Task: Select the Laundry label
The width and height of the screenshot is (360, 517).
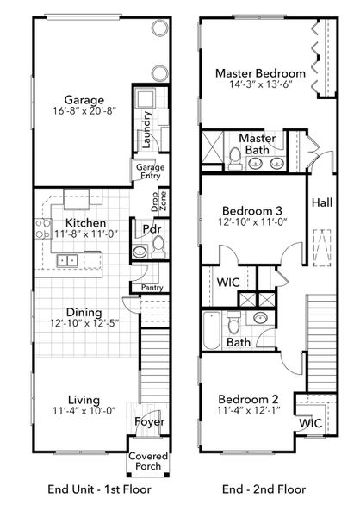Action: tap(149, 129)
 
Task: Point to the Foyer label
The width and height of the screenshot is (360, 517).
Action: tap(148, 422)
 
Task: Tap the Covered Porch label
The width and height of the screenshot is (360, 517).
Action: tap(148, 461)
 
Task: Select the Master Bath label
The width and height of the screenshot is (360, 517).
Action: tap(257, 144)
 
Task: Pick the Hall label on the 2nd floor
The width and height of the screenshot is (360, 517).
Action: tap(322, 203)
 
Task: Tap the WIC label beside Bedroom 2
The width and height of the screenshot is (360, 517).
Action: tap(309, 423)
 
